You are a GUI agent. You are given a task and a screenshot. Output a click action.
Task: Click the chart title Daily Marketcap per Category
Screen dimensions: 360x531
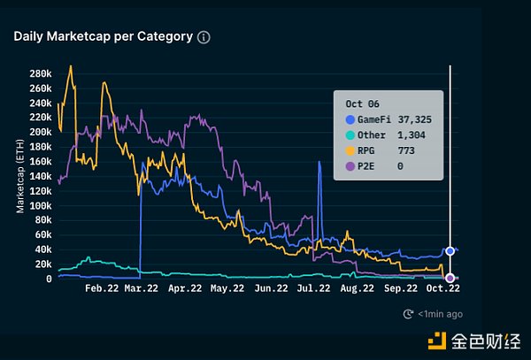tap(104, 36)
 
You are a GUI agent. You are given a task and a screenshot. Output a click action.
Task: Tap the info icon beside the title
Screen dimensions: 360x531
tap(204, 37)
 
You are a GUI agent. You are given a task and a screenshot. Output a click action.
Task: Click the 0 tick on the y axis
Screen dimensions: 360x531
tap(49, 279)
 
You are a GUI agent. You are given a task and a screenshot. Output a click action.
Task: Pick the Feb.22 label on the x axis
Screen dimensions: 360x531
tap(101, 288)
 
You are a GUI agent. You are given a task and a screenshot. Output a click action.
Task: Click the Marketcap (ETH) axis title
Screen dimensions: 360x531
tap(20, 176)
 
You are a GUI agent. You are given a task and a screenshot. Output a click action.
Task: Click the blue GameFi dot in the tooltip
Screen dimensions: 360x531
tap(350, 119)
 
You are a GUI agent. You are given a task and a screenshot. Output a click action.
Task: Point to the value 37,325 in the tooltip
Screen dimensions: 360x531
tap(414, 119)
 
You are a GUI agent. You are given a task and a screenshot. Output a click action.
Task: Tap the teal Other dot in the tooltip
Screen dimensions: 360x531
tap(350, 134)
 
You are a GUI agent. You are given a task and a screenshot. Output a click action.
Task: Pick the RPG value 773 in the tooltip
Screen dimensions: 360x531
tap(407, 149)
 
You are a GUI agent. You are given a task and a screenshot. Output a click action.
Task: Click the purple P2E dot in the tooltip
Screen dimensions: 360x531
tap(350, 165)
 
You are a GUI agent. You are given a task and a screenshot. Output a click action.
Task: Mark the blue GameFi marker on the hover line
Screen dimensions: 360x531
tap(450, 251)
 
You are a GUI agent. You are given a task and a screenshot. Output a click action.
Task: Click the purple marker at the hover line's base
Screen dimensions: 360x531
tap(450, 279)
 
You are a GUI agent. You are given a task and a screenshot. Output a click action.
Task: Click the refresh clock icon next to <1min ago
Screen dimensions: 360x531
tap(408, 313)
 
